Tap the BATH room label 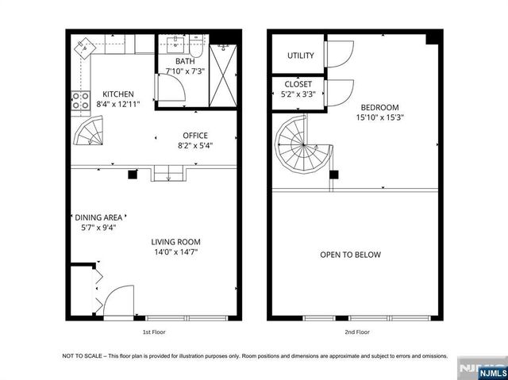(x=185, y=61)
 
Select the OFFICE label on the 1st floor (x=195, y=135)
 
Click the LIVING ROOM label (x=176, y=242)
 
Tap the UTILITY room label (x=301, y=56)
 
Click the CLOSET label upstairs (x=298, y=84)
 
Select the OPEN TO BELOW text (x=350, y=255)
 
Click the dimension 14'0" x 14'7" (x=176, y=252)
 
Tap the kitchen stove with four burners (x=80, y=100)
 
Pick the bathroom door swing (x=171, y=90)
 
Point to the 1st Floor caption (x=154, y=332)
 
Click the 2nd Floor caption (x=357, y=332)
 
